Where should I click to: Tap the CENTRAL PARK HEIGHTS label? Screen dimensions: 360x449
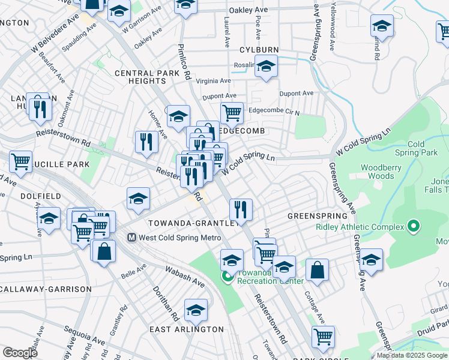coord(147,77)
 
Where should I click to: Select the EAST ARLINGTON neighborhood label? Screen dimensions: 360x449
coord(186,329)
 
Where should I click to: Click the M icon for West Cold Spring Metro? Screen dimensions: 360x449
coord(131,238)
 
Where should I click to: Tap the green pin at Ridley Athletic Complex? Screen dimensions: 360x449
coord(412,227)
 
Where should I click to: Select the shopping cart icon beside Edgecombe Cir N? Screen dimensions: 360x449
coord(231,112)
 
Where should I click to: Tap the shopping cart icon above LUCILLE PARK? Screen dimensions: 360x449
coord(20,161)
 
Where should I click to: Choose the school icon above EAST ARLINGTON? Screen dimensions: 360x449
coord(196,310)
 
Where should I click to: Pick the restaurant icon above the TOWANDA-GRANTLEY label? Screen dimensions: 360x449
coord(240,209)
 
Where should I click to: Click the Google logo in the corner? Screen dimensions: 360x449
coord(20,353)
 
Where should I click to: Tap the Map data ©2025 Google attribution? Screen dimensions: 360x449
coord(412,355)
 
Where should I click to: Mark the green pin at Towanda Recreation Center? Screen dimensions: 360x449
coord(228,277)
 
